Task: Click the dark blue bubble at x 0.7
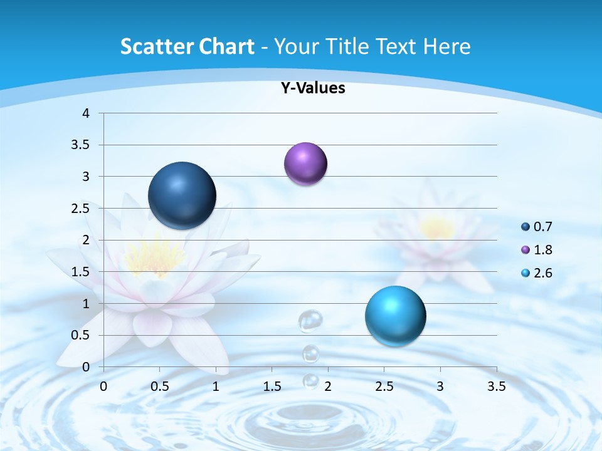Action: point(182,195)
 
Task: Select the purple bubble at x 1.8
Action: point(305,164)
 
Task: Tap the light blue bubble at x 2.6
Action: point(395,316)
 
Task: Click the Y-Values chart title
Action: point(312,88)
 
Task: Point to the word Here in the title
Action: point(446,46)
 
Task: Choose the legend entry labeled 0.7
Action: point(536,227)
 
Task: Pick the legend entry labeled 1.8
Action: point(536,250)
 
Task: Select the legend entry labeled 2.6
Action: point(536,273)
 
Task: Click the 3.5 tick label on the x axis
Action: point(496,386)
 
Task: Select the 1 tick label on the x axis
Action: point(216,386)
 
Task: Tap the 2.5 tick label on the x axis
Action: point(384,386)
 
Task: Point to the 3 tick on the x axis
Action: point(440,386)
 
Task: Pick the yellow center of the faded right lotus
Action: point(437,229)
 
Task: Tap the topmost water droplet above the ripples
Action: point(310,320)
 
